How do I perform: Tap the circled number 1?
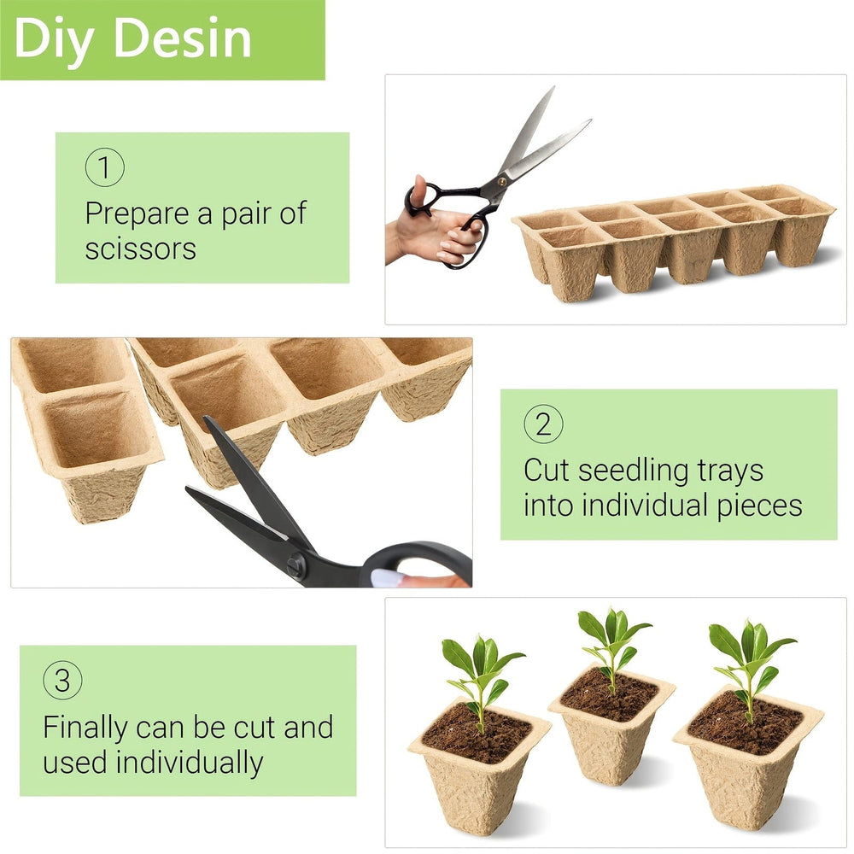tap(104, 167)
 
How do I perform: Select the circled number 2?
tap(543, 424)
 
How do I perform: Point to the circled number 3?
tap(62, 681)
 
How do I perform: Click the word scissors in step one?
tap(140, 249)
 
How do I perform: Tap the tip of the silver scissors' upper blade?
tap(553, 88)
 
